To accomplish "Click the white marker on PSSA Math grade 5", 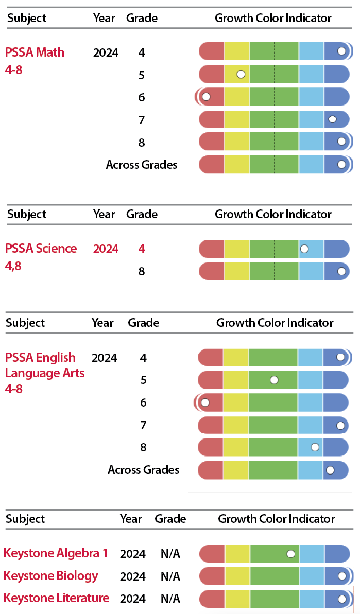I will pos(241,74).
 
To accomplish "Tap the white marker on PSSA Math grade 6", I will pos(207,96).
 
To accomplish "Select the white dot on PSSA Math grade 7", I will pos(333,119).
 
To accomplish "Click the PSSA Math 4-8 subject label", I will pos(35,60).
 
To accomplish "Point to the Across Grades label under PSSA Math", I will pos(142,165).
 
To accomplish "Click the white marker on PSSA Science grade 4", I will pos(304,249).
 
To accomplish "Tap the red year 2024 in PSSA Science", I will pos(106,249).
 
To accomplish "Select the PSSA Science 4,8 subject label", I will pos(41,257).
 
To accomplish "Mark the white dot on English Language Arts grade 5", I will pos(274,380).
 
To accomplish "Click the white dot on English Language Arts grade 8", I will pos(315,447).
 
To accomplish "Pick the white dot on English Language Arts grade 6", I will pos(205,402).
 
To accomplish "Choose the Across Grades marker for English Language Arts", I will pos(330,469).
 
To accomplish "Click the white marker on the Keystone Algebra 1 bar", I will pos(291,553).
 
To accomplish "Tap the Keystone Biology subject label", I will pos(50,575).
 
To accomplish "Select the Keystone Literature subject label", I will pos(56,598).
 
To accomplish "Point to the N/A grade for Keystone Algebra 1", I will pos(170,554).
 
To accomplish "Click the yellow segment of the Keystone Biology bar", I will pos(237,576).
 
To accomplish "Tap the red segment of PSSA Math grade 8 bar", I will pos(212,142).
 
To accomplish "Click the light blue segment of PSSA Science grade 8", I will pos(311,271).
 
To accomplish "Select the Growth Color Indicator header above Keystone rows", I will pos(277,519).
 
